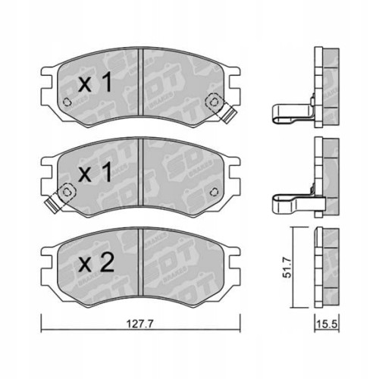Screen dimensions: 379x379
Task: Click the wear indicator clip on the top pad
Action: tap(225, 113)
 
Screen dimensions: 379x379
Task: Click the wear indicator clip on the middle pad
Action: tap(55, 202)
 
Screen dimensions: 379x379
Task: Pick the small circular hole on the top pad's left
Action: tap(67, 104)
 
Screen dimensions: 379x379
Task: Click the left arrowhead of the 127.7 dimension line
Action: tap(44, 328)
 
